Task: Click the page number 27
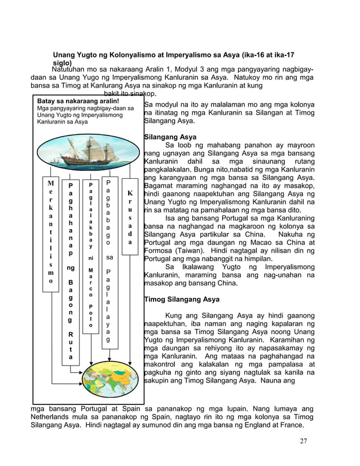click(304, 441)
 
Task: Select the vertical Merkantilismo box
click(51, 232)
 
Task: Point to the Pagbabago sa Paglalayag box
click(109, 261)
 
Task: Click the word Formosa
click(162, 245)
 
